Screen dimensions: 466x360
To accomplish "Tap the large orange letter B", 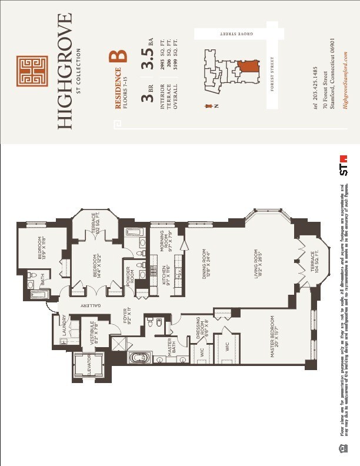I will click(x=119, y=56).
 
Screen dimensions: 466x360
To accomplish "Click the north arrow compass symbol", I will click(x=209, y=106).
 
